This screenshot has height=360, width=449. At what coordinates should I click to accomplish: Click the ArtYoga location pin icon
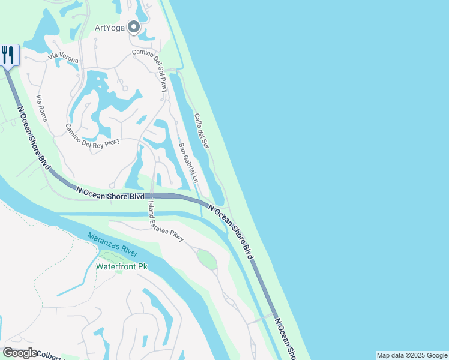pyautogui.click(x=133, y=28)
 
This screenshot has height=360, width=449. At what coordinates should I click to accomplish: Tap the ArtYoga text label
pyautogui.click(x=110, y=28)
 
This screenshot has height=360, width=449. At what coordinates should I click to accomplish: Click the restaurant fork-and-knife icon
pyautogui.click(x=8, y=55)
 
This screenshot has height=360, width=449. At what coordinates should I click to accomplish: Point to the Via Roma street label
pyautogui.click(x=41, y=109)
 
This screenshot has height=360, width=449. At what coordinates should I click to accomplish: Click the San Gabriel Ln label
pyautogui.click(x=188, y=163)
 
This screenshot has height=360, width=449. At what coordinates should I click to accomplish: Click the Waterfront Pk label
pyautogui.click(x=122, y=266)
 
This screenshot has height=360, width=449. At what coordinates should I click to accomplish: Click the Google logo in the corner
pyautogui.click(x=20, y=353)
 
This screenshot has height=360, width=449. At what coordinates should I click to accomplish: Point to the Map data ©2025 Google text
pyautogui.click(x=412, y=355)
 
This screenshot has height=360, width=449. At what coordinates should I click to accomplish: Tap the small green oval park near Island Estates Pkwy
pyautogui.click(x=206, y=260)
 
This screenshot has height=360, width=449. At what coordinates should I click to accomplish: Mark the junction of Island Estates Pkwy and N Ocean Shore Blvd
pyautogui.click(x=148, y=196)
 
